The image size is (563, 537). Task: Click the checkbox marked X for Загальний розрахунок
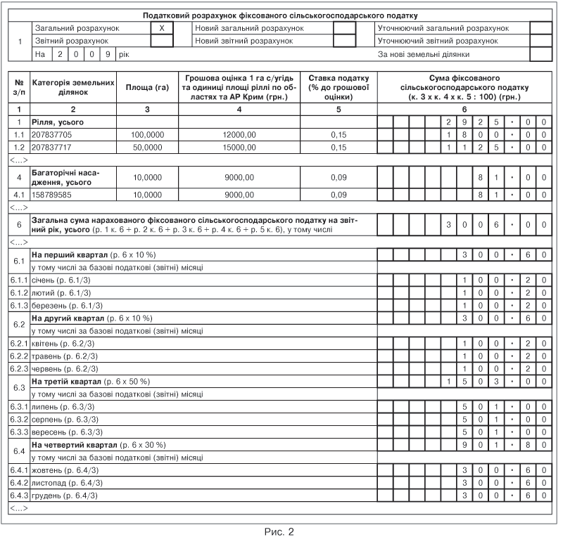click(162, 28)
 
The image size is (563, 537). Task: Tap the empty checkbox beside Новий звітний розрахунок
click(343, 41)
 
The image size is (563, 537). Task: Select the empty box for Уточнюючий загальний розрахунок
click(540, 28)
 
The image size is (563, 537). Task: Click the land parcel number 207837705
click(52, 134)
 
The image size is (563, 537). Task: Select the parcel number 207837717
click(52, 148)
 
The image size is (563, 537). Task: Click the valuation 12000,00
click(239, 134)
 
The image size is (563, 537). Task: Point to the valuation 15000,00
click(239, 148)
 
